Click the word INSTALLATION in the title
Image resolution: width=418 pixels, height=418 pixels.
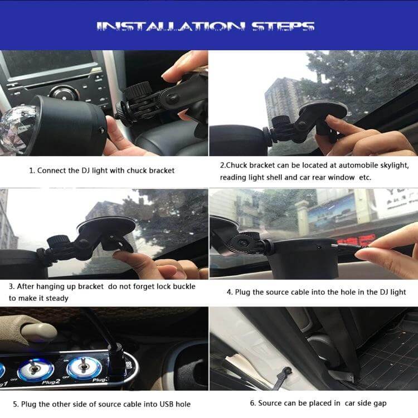(170, 27)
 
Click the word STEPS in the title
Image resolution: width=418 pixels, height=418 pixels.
(283, 27)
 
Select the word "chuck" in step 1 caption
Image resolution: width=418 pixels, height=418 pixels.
(137, 171)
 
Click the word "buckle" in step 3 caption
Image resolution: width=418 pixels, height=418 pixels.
(184, 286)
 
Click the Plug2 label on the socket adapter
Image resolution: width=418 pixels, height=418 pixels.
(51, 382)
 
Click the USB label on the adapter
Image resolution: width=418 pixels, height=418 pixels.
(129, 365)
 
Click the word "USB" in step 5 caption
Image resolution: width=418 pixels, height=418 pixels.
(167, 404)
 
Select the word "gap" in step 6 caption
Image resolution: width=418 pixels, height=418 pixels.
(380, 404)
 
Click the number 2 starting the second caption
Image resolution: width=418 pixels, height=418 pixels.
(222, 166)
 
